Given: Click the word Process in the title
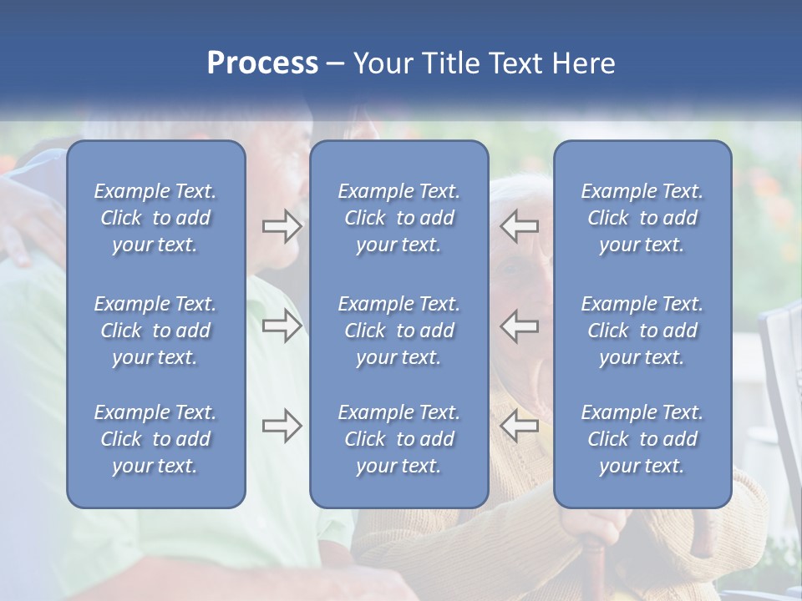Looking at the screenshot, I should click(262, 63).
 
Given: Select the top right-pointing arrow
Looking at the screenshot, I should click(282, 226).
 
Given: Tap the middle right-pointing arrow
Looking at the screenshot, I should click(282, 326).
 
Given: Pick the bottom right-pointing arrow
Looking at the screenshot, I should click(282, 426).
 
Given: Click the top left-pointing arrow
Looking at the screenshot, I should click(520, 225).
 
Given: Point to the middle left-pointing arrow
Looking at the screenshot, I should click(520, 326).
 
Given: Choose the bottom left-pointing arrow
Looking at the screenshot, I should click(520, 426).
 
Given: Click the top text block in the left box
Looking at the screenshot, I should click(155, 218).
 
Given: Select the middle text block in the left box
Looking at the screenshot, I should click(155, 331).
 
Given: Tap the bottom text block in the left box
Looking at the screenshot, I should click(155, 439).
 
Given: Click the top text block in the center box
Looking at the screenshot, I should click(399, 218).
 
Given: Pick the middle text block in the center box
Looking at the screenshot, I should click(399, 331).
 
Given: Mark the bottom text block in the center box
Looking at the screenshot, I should click(399, 439).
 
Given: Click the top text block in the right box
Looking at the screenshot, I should click(642, 218).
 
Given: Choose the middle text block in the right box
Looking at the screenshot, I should click(642, 331).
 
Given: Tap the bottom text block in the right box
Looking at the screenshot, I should click(642, 439).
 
